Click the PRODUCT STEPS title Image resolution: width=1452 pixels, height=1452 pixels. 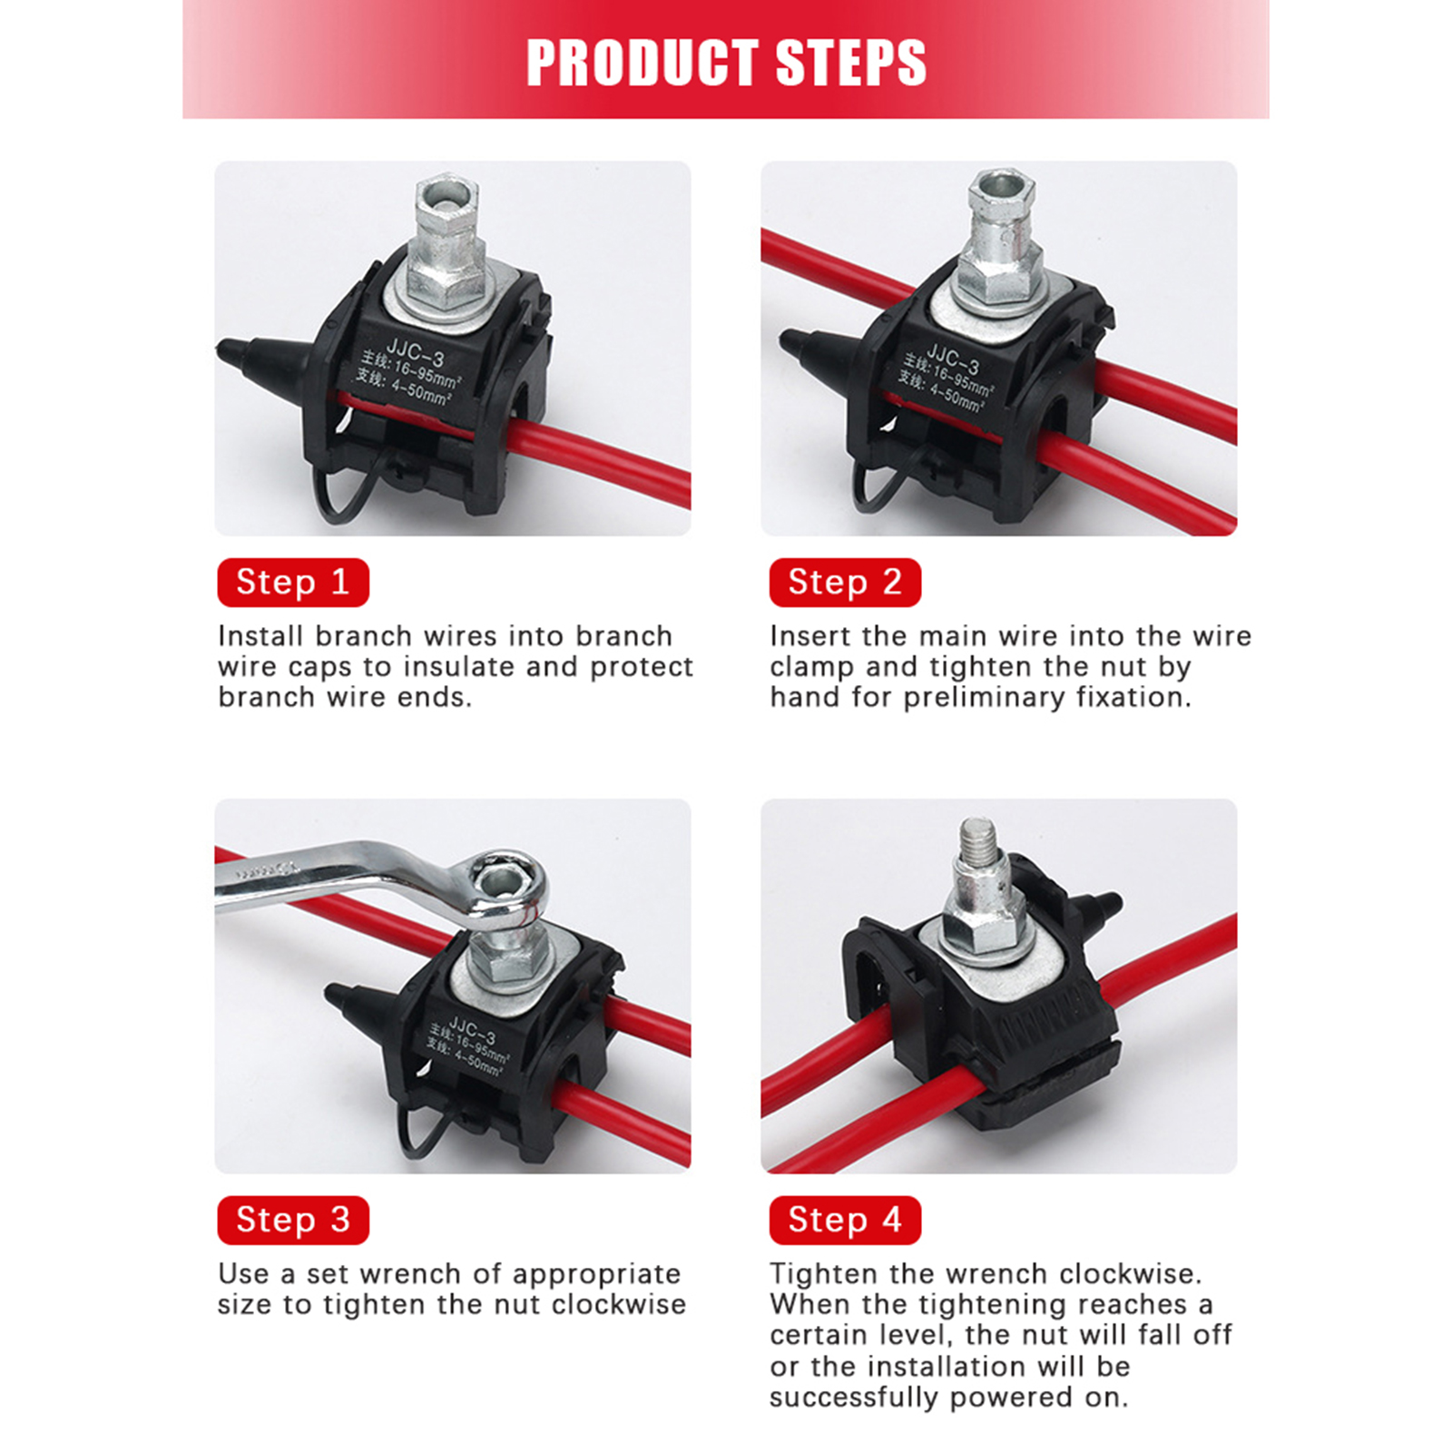(x=726, y=62)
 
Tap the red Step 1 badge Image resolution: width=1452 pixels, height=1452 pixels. (x=293, y=582)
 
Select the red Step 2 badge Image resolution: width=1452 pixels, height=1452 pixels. (x=845, y=582)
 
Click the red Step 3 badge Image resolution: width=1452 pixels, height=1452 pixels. (x=293, y=1220)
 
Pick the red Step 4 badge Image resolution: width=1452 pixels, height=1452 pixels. (x=845, y=1220)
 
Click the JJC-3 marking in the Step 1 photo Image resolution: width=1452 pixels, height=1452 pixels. (x=416, y=351)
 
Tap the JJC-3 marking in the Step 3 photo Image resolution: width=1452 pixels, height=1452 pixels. (x=473, y=1031)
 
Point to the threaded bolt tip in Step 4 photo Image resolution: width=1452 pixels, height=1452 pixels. (x=977, y=839)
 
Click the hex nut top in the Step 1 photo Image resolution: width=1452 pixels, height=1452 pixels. (x=446, y=193)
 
